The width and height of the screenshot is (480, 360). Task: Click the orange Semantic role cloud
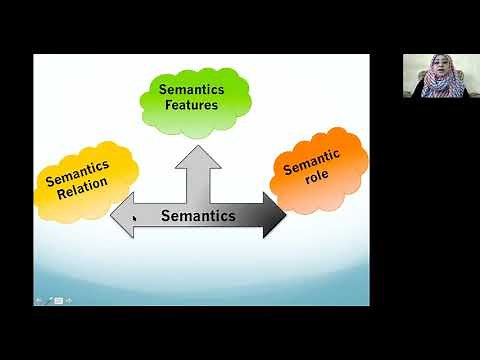click(x=319, y=170)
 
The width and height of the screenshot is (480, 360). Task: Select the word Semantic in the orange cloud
click(x=313, y=163)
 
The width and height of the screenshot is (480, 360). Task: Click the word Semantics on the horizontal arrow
click(x=199, y=215)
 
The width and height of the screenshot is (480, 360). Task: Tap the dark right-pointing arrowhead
click(x=275, y=215)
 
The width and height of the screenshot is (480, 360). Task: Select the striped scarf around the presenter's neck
click(x=440, y=87)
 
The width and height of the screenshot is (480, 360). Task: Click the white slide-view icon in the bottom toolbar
click(x=59, y=299)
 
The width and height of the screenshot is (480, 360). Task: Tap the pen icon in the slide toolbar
click(x=50, y=299)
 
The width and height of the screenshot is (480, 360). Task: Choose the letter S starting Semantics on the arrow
click(x=166, y=215)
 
